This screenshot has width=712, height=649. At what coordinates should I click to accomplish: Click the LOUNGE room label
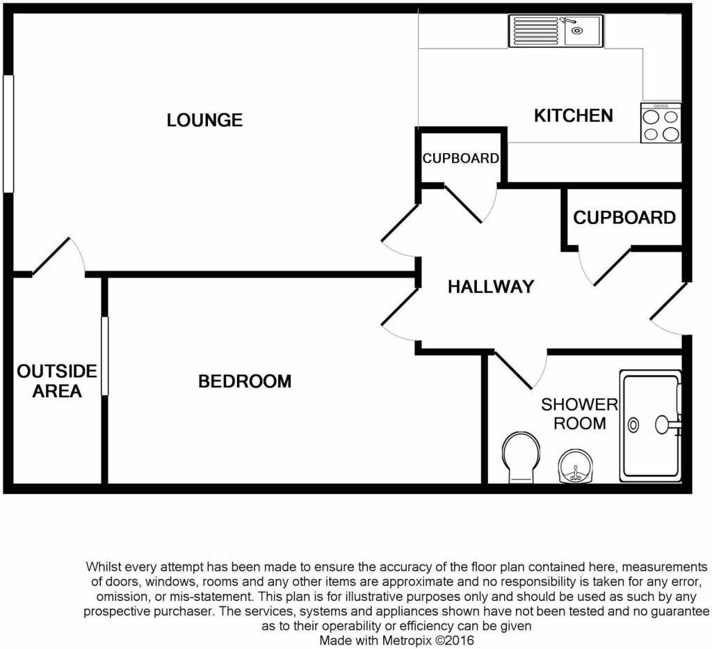(204, 120)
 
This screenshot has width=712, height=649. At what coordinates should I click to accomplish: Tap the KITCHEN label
(573, 115)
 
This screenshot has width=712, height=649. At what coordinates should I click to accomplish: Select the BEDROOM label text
(245, 381)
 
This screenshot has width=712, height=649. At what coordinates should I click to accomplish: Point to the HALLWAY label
(490, 287)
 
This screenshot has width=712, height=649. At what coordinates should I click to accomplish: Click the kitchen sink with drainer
(556, 31)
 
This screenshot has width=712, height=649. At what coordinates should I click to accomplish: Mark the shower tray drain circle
(634, 424)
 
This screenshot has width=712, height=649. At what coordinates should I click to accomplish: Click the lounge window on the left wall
(8, 133)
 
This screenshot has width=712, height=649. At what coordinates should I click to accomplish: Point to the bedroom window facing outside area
(105, 355)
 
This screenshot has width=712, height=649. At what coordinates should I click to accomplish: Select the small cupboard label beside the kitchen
(460, 159)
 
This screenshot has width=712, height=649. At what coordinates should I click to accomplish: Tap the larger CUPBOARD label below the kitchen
(624, 218)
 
